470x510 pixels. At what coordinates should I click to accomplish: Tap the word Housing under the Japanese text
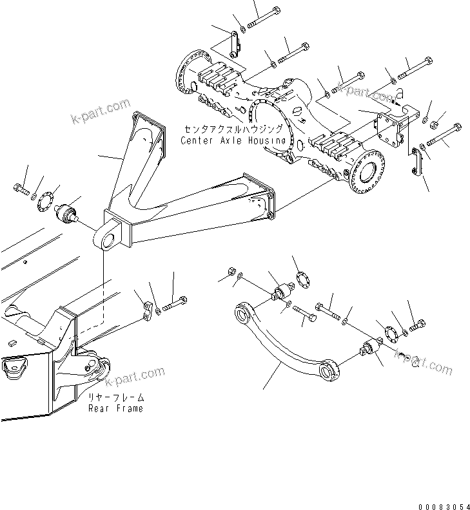tap(267, 140)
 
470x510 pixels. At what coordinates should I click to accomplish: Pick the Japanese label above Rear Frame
tap(116, 398)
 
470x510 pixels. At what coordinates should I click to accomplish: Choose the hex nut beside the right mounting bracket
tap(435, 124)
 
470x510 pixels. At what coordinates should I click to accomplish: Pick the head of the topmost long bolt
tap(276, 10)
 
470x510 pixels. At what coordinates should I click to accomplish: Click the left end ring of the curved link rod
tap(243, 314)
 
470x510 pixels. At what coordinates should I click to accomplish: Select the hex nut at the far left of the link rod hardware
tap(230, 270)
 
